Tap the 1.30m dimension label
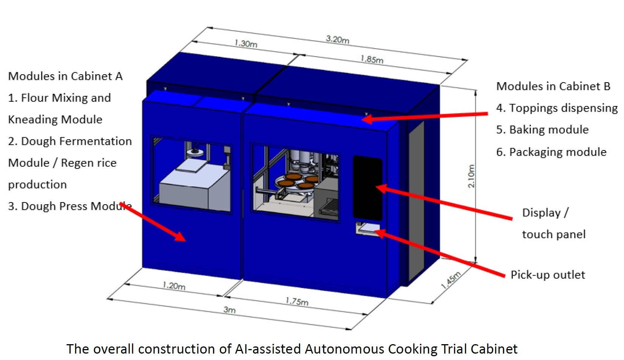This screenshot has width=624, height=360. [246, 43]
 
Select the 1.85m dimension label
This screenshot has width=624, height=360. [372, 59]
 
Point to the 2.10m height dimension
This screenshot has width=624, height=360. [471, 176]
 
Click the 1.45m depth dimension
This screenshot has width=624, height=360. [451, 280]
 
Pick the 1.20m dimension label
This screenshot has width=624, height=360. [174, 286]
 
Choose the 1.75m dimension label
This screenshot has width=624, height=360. [297, 301]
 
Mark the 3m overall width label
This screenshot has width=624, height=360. [230, 309]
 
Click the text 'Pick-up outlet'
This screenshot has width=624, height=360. [548, 275]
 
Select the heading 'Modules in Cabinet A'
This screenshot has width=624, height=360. [65, 76]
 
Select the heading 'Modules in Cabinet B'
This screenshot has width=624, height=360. [553, 86]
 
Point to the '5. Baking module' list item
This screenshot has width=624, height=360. [543, 130]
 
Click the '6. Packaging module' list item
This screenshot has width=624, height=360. [551, 152]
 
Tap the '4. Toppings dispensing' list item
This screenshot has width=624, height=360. [557, 108]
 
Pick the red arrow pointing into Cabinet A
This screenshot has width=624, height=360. [152, 222]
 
